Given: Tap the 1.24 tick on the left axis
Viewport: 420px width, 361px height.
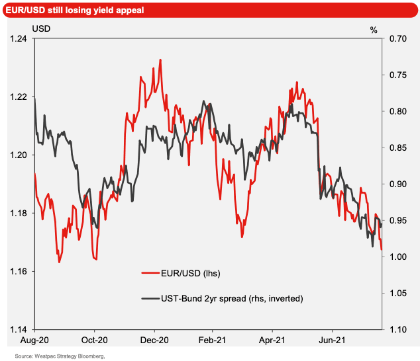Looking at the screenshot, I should pyautogui.click(x=20, y=39).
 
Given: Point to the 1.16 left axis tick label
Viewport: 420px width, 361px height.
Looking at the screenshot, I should pyautogui.click(x=20, y=272).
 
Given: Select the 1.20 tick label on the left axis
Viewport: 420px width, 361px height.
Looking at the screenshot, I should pyautogui.click(x=20, y=155).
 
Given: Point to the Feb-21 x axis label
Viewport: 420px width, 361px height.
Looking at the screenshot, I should pyautogui.click(x=212, y=341).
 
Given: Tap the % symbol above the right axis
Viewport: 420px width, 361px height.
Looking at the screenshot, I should pyautogui.click(x=374, y=29).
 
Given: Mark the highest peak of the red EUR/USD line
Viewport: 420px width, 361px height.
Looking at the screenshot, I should pyautogui.click(x=160, y=60).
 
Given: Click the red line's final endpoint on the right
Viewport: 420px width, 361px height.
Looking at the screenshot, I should pyautogui.click(x=382, y=249).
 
